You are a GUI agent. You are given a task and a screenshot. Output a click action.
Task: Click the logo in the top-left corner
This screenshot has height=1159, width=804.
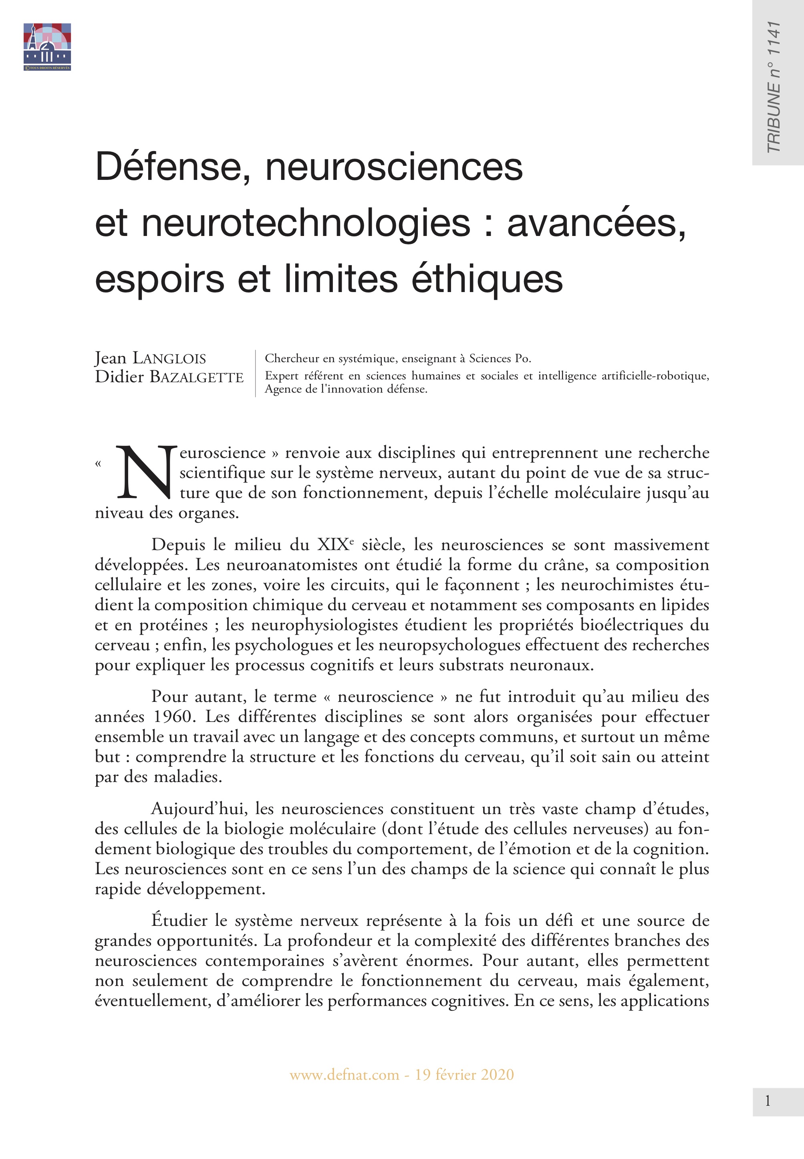coord(47,46)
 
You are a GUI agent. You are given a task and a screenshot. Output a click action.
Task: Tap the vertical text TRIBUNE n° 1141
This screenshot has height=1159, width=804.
coord(773,87)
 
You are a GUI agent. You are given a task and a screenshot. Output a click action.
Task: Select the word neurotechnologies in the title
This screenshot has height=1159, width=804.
coord(306,223)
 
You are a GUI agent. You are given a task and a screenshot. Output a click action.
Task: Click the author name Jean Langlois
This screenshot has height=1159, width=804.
coord(150,358)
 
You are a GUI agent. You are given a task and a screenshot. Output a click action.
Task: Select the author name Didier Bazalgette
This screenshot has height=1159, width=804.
coord(169,377)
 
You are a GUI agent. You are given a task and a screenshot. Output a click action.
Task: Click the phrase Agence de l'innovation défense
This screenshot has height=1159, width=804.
coord(346,389)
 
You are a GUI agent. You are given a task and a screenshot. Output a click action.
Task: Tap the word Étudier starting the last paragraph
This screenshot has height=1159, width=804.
coord(179,920)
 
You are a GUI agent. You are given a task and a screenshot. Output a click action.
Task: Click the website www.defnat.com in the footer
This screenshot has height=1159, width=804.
coord(344,1075)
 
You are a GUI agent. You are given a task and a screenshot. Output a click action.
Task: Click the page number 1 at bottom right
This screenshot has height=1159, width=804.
coord(767,1101)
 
